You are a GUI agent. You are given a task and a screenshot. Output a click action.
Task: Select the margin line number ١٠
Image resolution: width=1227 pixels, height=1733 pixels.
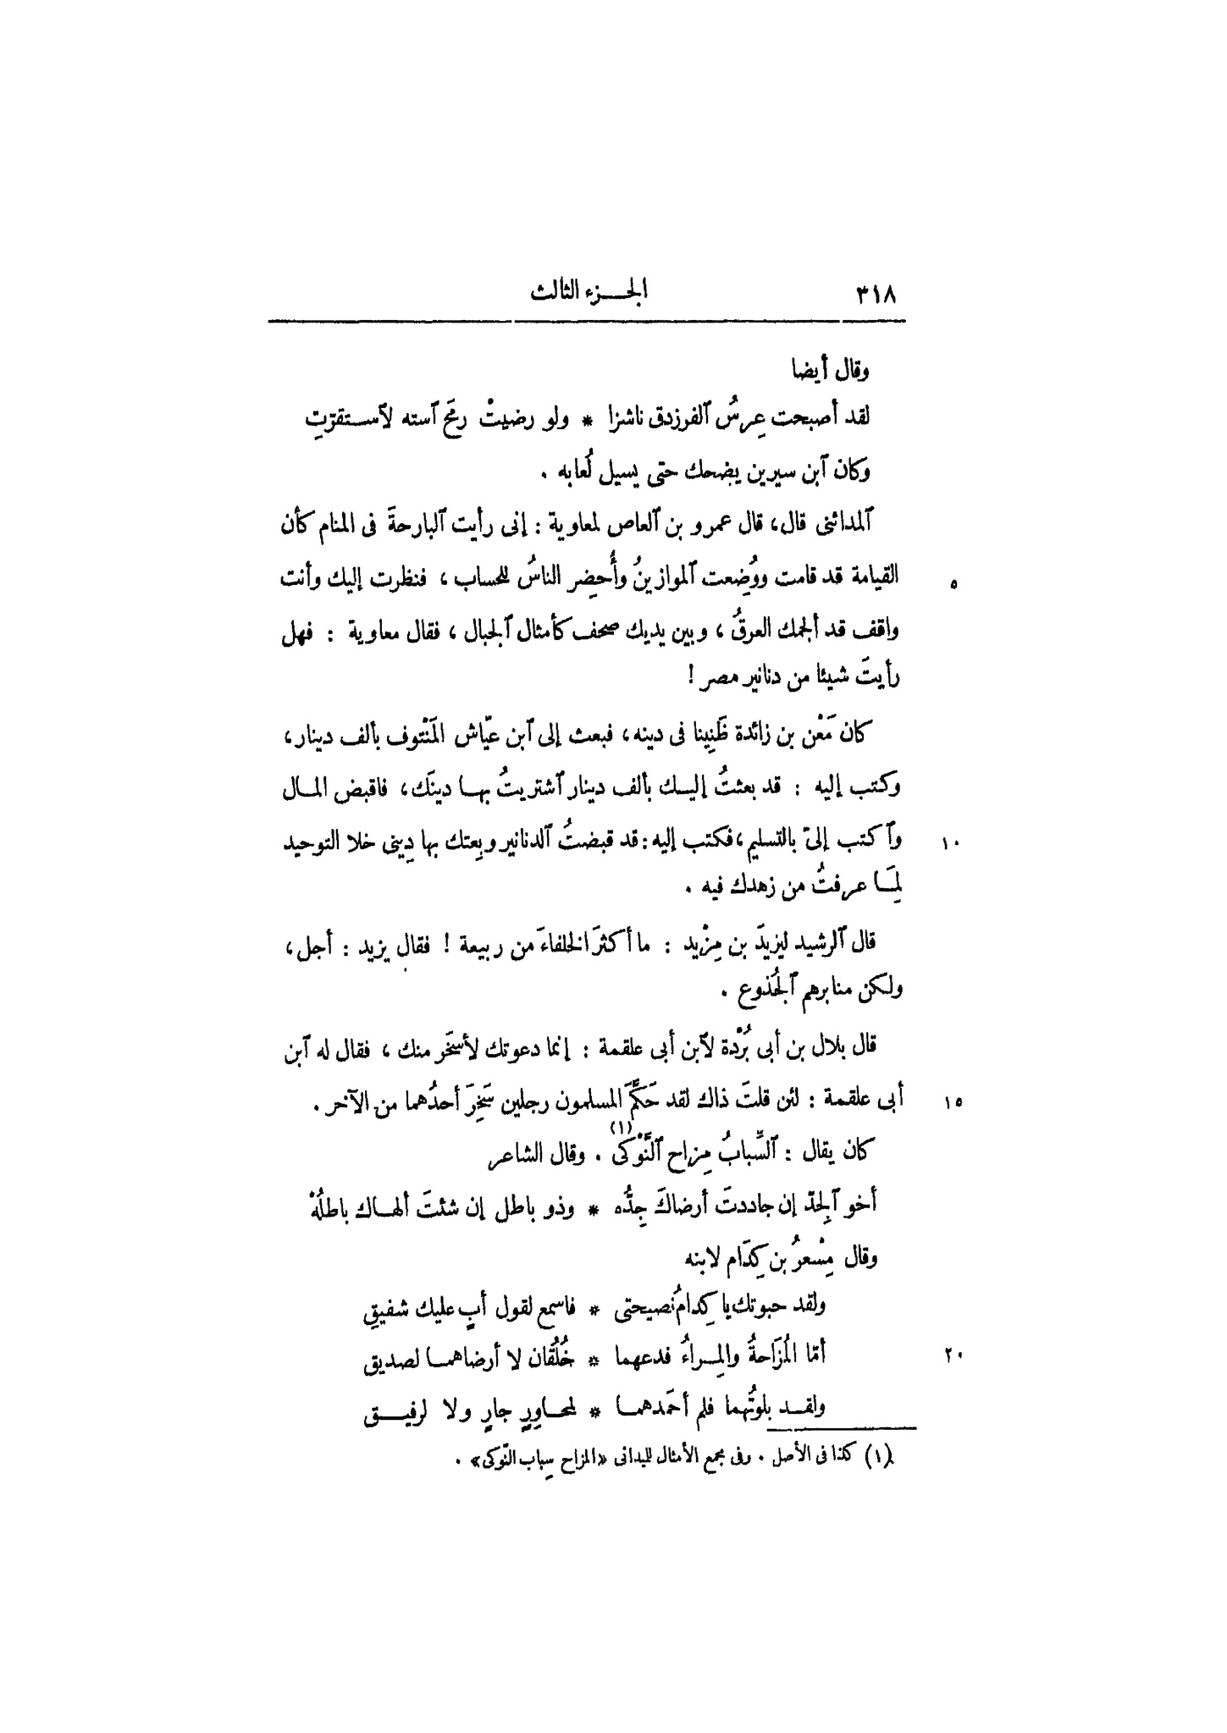949,843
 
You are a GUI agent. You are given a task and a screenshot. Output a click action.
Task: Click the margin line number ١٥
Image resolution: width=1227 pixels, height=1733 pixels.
949,1102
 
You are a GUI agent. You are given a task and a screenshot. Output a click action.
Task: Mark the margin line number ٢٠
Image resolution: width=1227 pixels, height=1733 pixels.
949,1355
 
